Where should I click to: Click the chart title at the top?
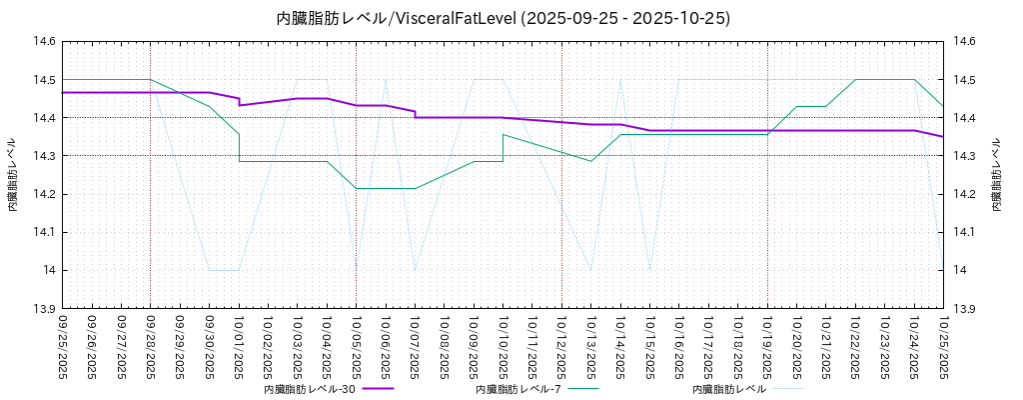503,18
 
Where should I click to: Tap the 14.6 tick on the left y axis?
45,42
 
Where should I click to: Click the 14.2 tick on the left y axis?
45,194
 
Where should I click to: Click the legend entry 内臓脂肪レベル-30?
310,389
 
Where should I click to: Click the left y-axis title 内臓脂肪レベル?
13,175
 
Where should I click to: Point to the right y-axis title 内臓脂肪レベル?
996,175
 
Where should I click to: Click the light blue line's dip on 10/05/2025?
356,270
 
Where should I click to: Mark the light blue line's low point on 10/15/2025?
649,270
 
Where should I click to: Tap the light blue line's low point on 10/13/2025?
590,270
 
